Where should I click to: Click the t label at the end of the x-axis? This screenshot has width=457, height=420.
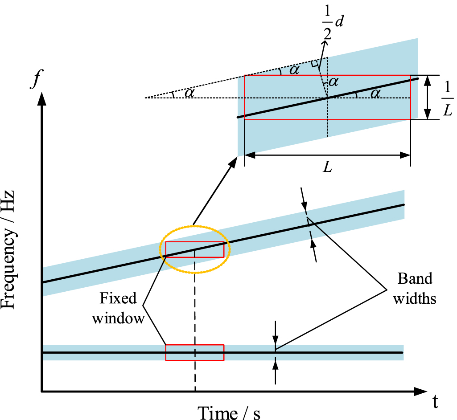tap(435, 402)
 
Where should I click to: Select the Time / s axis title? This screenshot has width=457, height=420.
tap(229, 412)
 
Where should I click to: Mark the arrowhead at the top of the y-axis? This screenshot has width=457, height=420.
tap(42, 98)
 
